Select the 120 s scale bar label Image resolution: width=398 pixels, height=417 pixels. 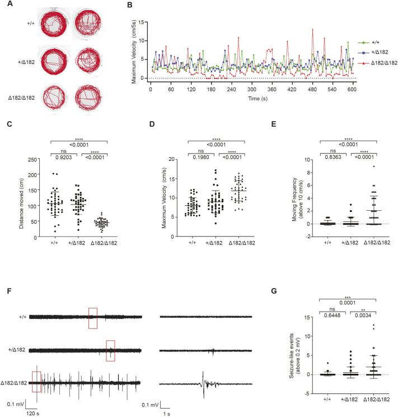pyautogui.click(x=32, y=410)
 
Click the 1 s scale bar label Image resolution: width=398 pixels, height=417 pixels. pyautogui.click(x=166, y=410)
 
